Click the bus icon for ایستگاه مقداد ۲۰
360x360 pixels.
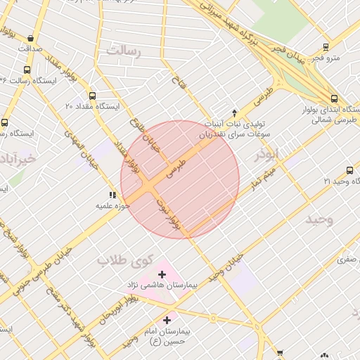coord(92,96)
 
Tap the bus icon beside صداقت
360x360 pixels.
coord(30,39)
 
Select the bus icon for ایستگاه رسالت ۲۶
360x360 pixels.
coord(27,70)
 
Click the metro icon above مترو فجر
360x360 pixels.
coord(326,47)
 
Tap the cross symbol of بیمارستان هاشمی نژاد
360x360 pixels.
coord(162,274)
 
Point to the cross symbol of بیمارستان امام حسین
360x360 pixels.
coord(167,320)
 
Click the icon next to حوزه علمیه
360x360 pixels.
coord(112,195)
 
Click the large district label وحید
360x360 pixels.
coord(319,220)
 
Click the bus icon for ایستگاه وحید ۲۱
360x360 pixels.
coord(349,170)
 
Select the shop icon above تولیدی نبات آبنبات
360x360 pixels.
coord(235,112)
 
